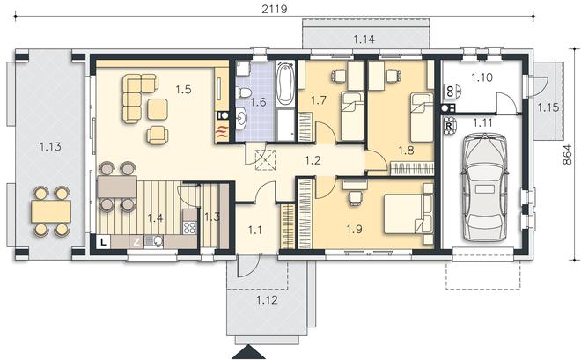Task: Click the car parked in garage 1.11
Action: pyautogui.click(x=485, y=187)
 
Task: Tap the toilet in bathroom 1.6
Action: pyautogui.click(x=243, y=92)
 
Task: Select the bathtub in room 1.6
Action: pyautogui.click(x=285, y=84)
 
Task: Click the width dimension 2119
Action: pyautogui.click(x=274, y=9)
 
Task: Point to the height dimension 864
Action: pyautogui.click(x=567, y=154)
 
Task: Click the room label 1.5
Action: pyautogui.click(x=183, y=89)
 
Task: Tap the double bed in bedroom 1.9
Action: pyautogui.click(x=408, y=213)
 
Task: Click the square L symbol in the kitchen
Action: pyautogui.click(x=103, y=242)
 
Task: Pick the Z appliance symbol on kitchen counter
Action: pyautogui.click(x=136, y=242)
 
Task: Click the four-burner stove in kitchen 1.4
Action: pyautogui.click(x=190, y=227)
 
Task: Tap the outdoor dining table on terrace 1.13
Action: pyautogui.click(x=51, y=211)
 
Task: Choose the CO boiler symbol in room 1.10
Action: pyautogui.click(x=452, y=92)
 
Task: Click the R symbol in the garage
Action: pyautogui.click(x=449, y=126)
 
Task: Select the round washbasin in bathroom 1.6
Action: pyautogui.click(x=241, y=119)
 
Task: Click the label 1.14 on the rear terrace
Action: pyautogui.click(x=364, y=40)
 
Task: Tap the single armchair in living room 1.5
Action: pyautogui.click(x=158, y=135)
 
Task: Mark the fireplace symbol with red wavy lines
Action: pyautogui.click(x=222, y=132)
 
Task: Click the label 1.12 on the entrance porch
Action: pyautogui.click(x=267, y=299)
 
